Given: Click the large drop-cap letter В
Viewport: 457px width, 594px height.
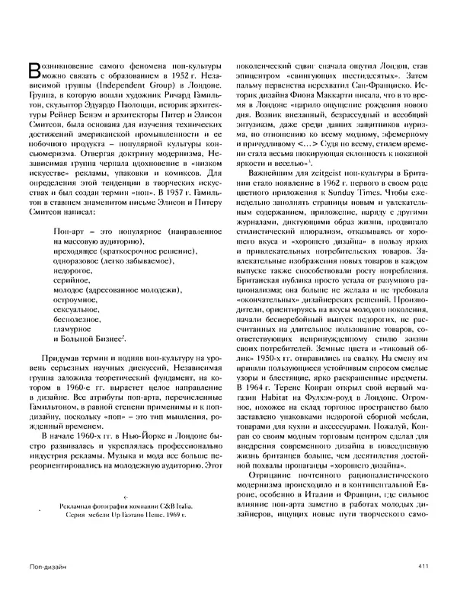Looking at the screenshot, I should tap(32, 71).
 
